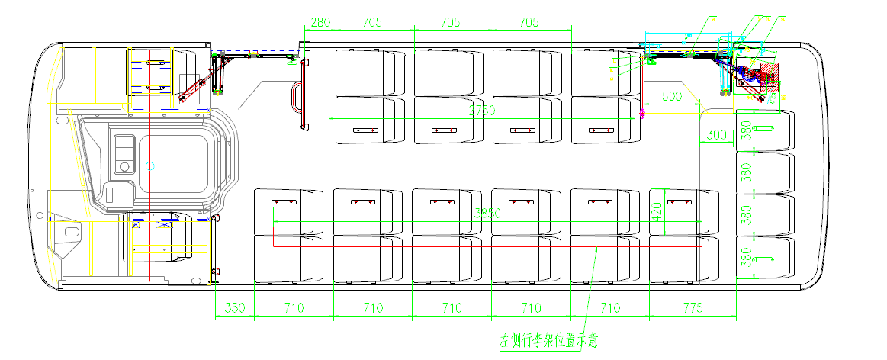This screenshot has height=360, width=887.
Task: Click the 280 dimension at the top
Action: click(x=321, y=22)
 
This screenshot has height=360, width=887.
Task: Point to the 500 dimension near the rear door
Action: click(x=671, y=97)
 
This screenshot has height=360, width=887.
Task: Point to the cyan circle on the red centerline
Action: click(x=150, y=165)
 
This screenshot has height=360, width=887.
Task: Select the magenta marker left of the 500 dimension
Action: click(x=643, y=114)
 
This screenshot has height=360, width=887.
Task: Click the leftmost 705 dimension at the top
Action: click(x=371, y=22)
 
